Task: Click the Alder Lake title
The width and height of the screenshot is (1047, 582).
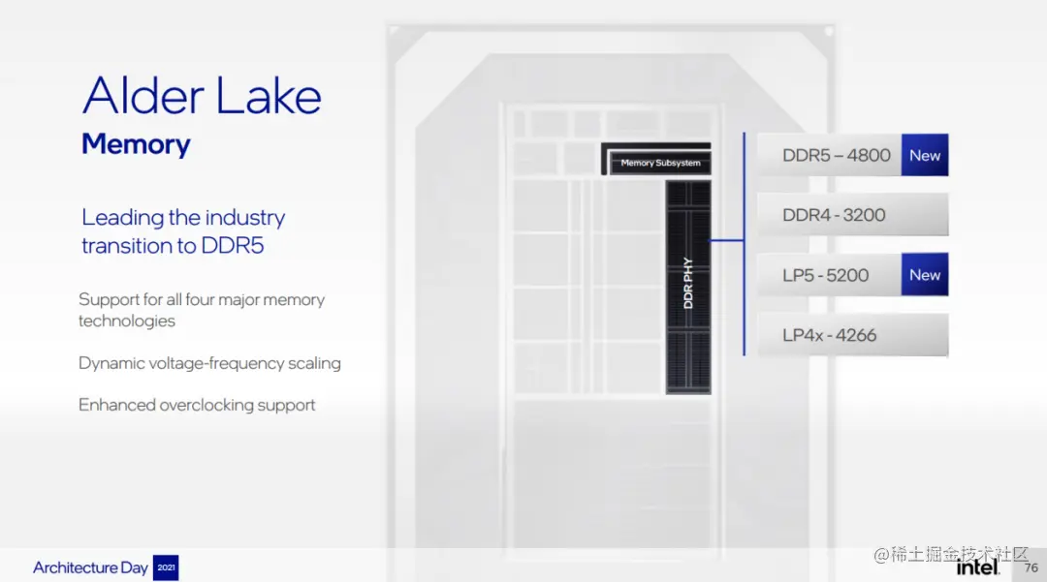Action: click(202, 97)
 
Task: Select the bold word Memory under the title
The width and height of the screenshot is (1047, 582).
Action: click(136, 144)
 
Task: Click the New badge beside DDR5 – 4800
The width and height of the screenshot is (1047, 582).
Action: click(925, 155)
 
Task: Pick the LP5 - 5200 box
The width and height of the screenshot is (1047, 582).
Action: click(827, 275)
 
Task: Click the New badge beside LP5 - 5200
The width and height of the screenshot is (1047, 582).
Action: click(925, 275)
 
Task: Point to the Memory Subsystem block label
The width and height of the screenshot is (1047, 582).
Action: click(660, 163)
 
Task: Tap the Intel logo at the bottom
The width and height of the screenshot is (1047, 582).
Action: click(977, 566)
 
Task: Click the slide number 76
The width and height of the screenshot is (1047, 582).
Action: click(1031, 567)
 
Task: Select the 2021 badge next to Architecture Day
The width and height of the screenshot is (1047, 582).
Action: click(166, 568)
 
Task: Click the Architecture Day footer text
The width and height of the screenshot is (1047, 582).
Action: click(90, 568)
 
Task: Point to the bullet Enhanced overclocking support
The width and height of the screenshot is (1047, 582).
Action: click(197, 405)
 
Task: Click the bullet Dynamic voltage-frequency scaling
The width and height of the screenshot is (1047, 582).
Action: click(209, 363)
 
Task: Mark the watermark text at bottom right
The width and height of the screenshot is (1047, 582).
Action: click(950, 554)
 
